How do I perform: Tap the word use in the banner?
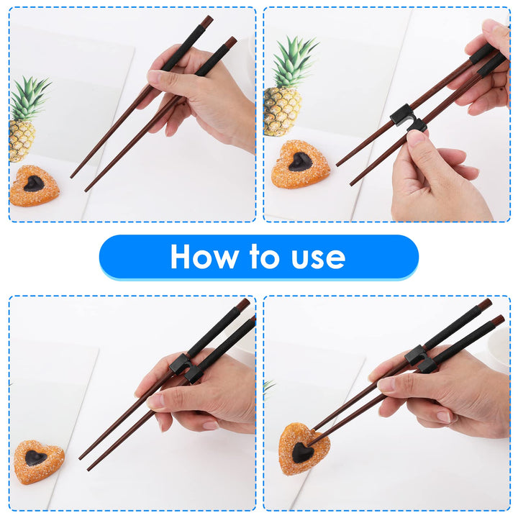[314, 257]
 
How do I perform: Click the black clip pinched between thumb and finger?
[407, 117]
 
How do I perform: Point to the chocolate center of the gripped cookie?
[302, 453]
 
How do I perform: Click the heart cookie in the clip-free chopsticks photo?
[35, 186]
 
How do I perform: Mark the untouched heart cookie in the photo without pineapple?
[37, 461]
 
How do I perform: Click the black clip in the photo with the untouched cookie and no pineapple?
[186, 368]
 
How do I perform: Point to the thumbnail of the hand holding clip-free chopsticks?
[155, 77]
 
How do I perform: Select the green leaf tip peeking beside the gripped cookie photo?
[268, 386]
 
